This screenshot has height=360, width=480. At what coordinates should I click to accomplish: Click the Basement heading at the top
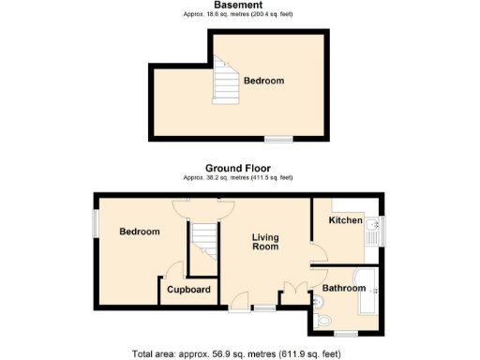237,6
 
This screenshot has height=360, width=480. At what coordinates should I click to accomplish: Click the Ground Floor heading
238,169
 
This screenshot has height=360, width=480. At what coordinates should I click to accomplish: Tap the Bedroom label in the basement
263,82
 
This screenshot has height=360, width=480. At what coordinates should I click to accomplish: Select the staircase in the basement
226,80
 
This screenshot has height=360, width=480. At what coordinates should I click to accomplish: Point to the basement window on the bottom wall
277,140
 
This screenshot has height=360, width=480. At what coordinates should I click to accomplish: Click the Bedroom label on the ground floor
139,232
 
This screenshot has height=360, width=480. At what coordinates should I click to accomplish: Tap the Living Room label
266,243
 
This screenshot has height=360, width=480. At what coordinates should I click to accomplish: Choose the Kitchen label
345,219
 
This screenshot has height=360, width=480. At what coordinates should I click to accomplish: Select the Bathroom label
344,288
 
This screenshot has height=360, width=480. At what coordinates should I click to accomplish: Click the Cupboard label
188,290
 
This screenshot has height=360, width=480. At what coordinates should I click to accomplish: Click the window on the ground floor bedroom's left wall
95,222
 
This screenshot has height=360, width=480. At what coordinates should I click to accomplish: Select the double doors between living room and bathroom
297,292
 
